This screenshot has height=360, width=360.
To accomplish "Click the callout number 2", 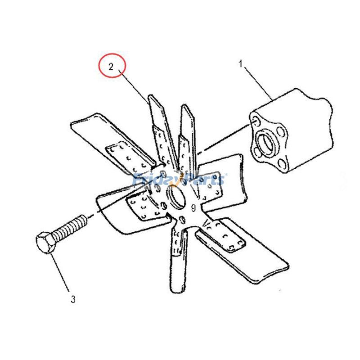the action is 111,67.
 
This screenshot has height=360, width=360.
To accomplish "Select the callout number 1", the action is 241,64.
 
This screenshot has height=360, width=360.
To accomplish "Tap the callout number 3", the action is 73,299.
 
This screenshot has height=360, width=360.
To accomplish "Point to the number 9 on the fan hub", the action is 193,208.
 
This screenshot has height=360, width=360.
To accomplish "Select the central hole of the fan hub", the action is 177,196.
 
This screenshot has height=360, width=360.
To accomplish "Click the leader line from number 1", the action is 258,83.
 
